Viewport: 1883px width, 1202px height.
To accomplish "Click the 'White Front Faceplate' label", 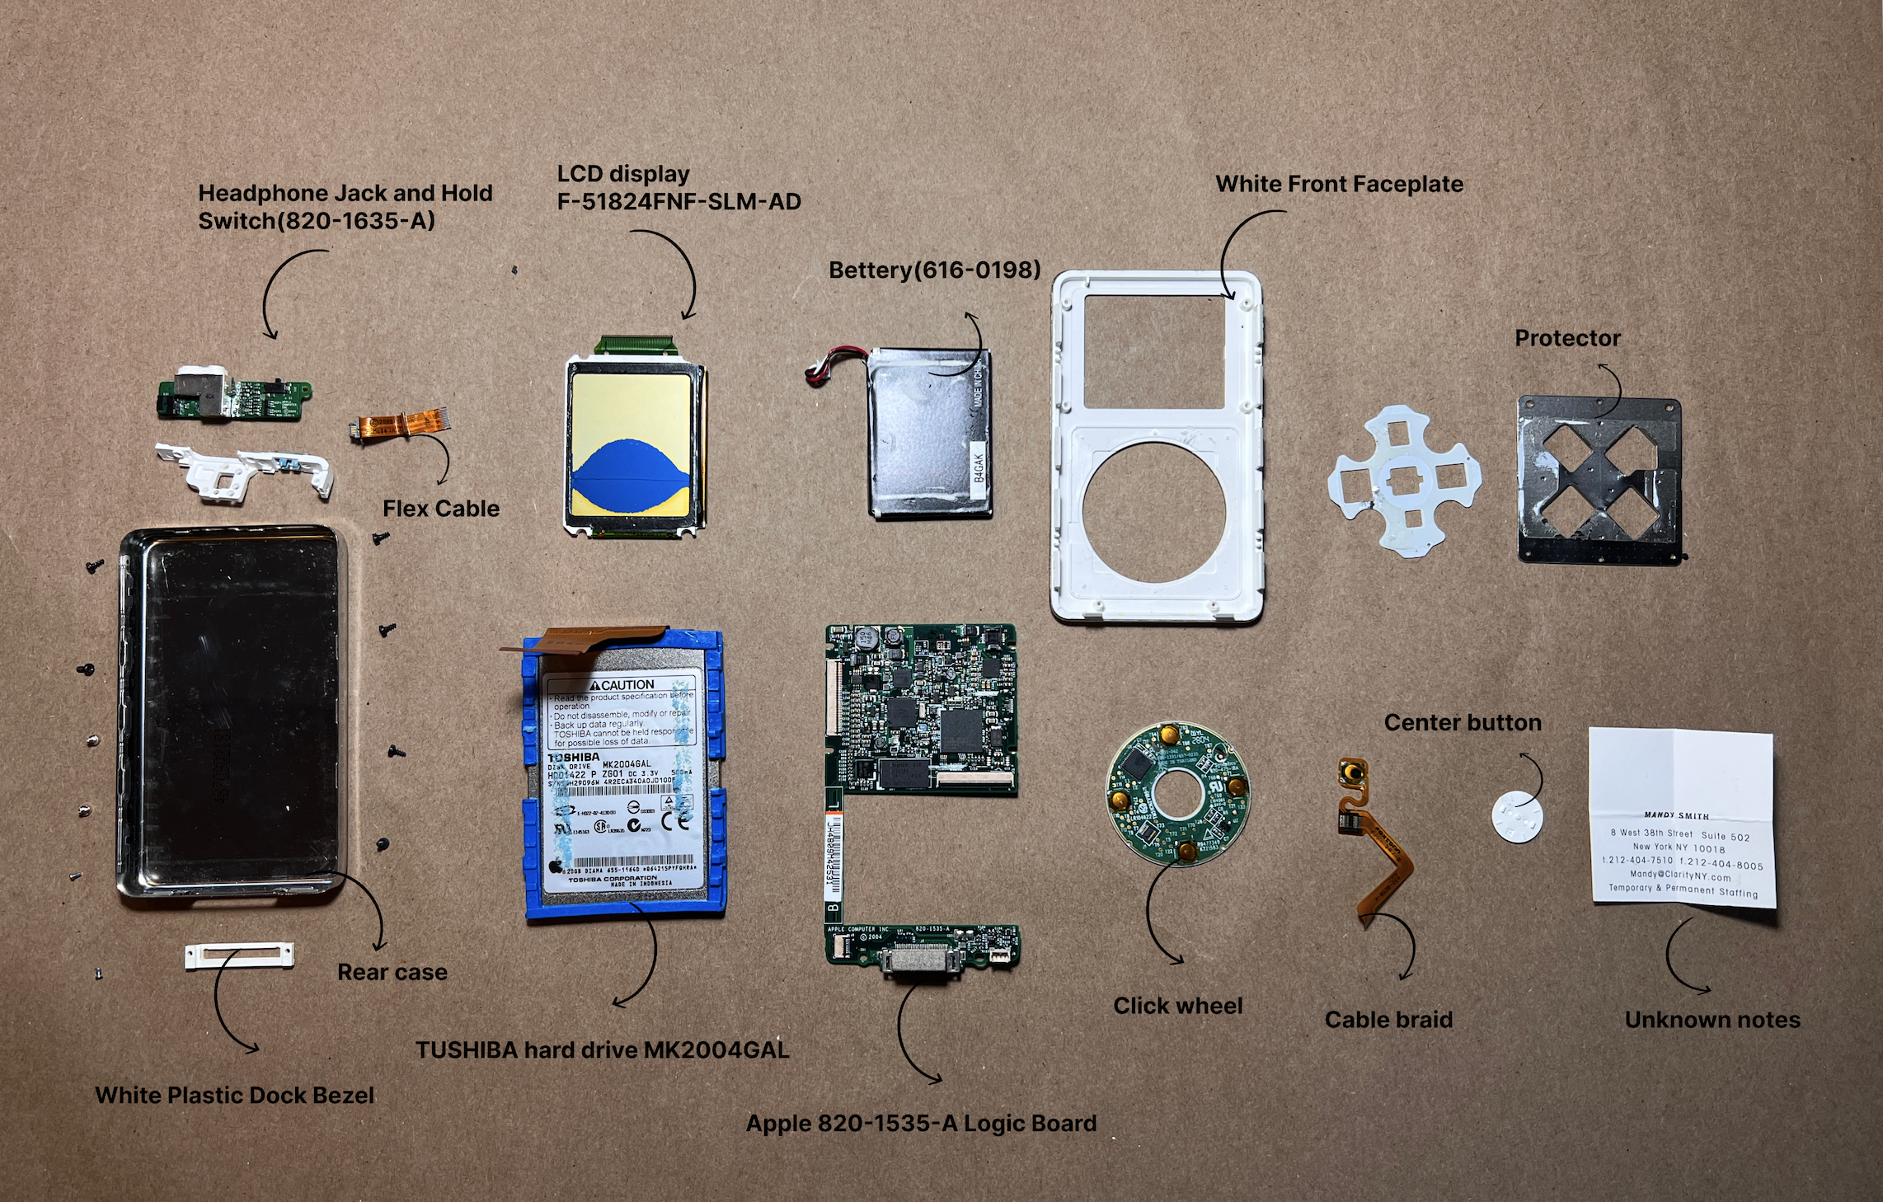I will [1339, 184].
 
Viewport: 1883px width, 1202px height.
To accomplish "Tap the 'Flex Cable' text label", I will [441, 509].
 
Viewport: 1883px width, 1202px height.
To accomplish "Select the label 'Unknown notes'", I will [1712, 1020].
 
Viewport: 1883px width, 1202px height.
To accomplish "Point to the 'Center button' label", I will [1463, 723].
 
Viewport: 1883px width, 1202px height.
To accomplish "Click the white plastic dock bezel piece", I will [239, 955].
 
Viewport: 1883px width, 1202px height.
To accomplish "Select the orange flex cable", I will [400, 426].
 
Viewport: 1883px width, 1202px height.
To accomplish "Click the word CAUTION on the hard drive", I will [627, 685].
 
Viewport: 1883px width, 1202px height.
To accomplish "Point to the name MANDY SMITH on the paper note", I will [1676, 815].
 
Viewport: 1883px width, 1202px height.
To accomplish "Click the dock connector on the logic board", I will [921, 961].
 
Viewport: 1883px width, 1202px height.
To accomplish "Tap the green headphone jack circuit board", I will [234, 397].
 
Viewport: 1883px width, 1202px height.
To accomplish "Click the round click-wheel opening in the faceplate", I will [1154, 512].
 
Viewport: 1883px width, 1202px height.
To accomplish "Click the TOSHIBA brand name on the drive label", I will [575, 757].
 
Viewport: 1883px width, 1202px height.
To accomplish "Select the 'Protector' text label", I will [1567, 338].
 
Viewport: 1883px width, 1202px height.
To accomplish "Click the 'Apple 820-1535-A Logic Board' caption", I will [921, 1124].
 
